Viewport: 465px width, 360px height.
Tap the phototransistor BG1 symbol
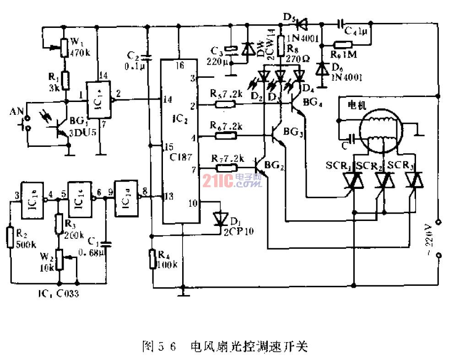[60, 129]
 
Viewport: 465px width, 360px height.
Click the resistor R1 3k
[66, 81]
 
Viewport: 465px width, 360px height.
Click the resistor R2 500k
[11, 238]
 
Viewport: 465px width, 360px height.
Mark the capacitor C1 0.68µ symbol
[107, 240]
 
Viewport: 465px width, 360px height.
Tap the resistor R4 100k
[152, 259]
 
